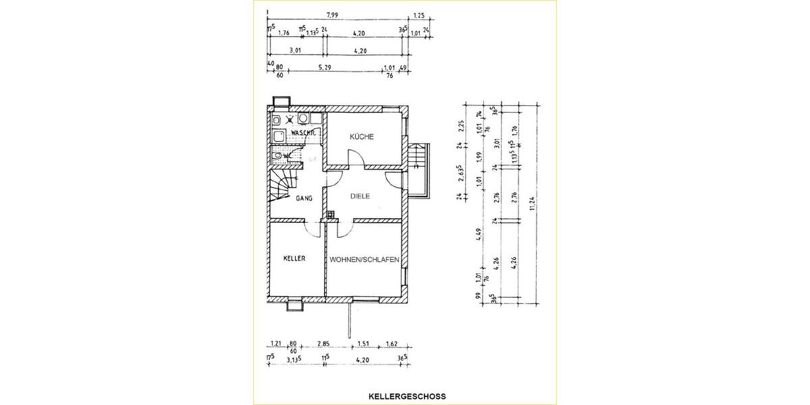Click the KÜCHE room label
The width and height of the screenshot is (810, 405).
[361, 137]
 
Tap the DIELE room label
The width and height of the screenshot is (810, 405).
[361, 196]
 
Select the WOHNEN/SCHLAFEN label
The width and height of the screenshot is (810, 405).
[364, 259]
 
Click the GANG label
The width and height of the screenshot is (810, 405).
[302, 198]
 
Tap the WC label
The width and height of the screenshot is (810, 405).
[288, 156]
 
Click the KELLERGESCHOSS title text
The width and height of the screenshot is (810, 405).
[407, 396]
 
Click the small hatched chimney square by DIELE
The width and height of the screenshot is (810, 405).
[330, 216]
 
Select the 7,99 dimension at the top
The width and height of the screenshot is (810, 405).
[332, 14]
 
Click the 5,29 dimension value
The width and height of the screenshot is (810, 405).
[325, 67]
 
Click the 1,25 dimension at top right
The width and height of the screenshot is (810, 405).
[418, 15]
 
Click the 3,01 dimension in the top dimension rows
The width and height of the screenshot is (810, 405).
[295, 51]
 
